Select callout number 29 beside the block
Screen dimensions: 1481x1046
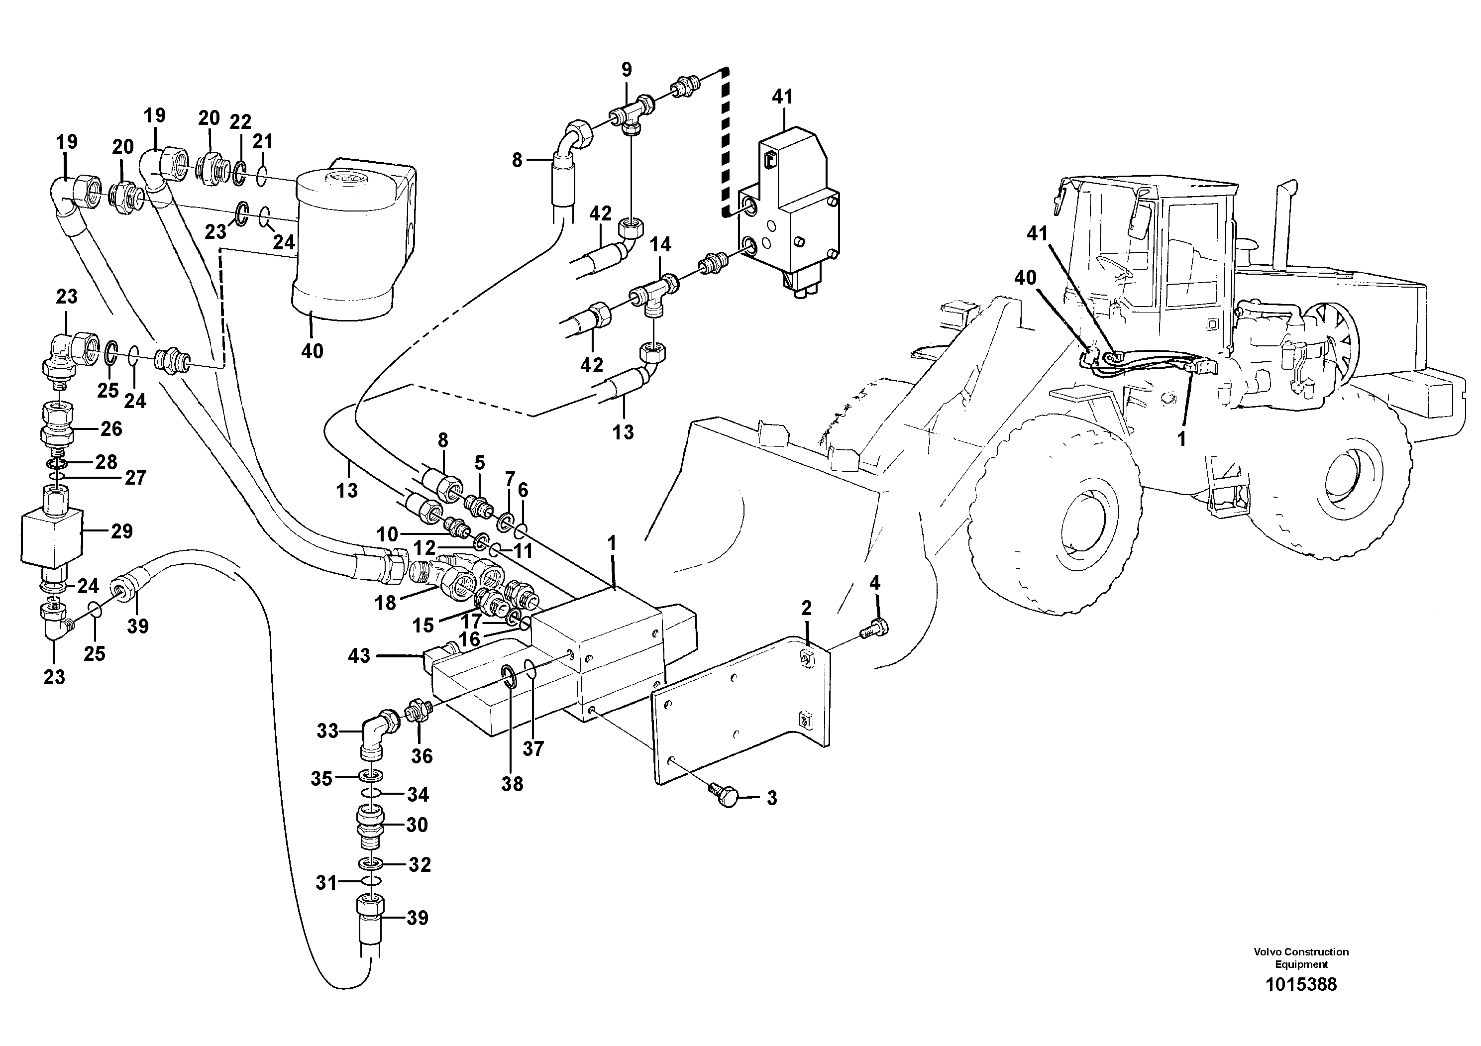coord(121,531)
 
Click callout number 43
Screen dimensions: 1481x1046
coord(359,656)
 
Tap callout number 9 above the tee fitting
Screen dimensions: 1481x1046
coord(627,70)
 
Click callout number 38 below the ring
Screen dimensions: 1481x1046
coord(513,784)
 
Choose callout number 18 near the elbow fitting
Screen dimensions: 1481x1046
coord(385,603)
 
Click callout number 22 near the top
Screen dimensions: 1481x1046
coord(240,122)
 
